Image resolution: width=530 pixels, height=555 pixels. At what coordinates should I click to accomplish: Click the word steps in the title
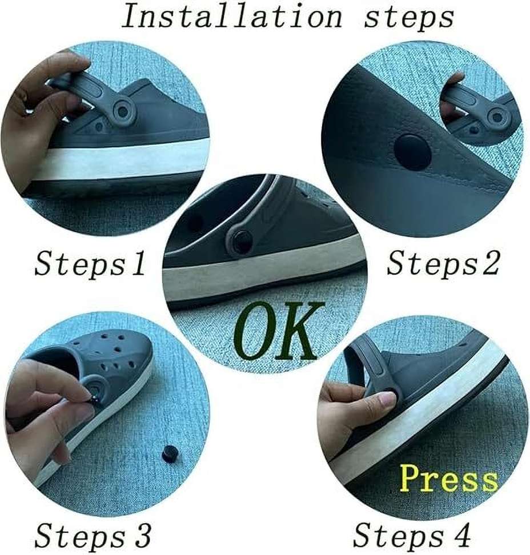click(x=409, y=17)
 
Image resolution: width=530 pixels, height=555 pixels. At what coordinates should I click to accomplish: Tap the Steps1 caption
click(x=90, y=264)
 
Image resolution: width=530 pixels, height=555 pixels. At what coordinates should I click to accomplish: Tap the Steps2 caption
click(x=443, y=264)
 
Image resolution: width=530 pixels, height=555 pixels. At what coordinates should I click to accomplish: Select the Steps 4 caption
click(x=412, y=536)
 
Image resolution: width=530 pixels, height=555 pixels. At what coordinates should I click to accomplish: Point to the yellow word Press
click(x=448, y=478)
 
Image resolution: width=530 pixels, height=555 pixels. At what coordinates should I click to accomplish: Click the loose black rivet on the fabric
click(x=169, y=454)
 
